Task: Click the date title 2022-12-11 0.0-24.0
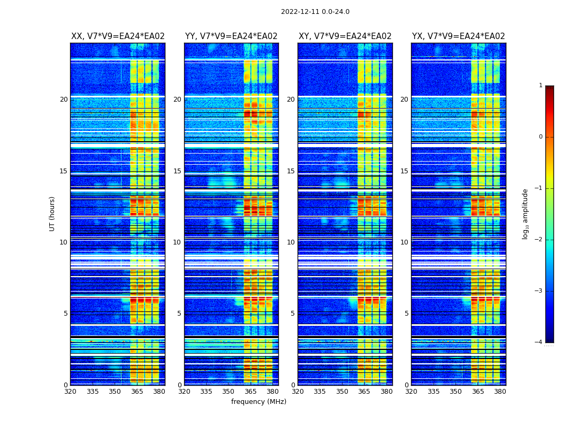coord(315,12)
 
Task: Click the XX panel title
coord(118,36)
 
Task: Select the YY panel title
coord(231,36)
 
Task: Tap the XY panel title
coord(345,36)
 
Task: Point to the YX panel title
coord(458,36)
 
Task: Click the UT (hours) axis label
coord(52,213)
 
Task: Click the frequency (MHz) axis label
coord(259,402)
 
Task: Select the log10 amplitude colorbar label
coord(526,213)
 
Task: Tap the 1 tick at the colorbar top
coord(540,86)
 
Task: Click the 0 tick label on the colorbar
coord(540,137)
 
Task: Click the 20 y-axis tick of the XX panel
coord(64,100)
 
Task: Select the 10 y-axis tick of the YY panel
coord(177,242)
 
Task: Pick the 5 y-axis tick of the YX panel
coord(406,314)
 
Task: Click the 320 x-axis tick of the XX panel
coord(70,392)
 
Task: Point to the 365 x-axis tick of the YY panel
coord(250,392)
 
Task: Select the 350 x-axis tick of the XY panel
coord(342,392)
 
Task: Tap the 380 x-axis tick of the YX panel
coord(500,392)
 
